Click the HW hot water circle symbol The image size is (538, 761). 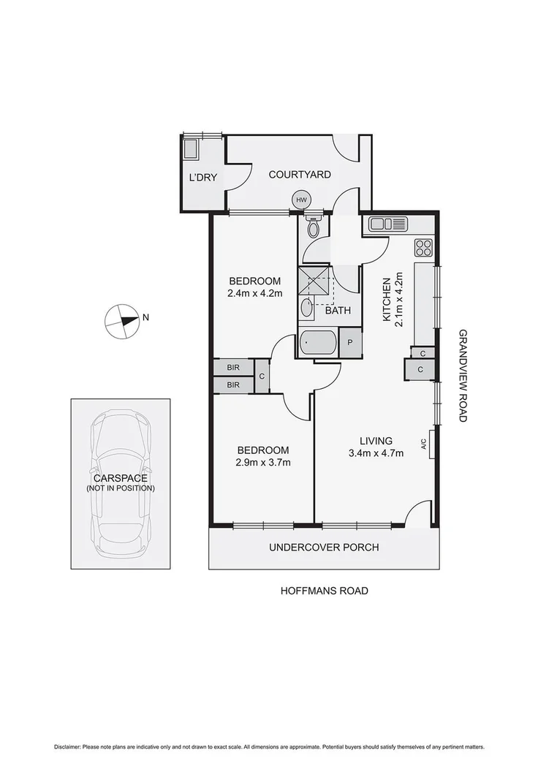coord(300,199)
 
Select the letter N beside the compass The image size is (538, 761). coord(146,317)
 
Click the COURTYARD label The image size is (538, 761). coord(300,175)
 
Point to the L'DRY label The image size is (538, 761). coord(202,177)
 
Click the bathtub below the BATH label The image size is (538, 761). coord(318,342)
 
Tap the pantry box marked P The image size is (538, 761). coord(351,342)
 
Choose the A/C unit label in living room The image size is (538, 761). coord(424,443)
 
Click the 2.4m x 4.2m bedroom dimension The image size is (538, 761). coord(254,287)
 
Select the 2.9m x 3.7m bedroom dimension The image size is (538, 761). coord(262,456)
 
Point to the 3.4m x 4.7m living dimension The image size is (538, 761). coord(376,447)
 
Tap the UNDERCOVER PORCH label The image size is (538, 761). coord(324,548)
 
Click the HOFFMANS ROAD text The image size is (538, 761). coord(324,591)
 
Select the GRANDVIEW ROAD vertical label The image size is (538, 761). coord(463,375)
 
